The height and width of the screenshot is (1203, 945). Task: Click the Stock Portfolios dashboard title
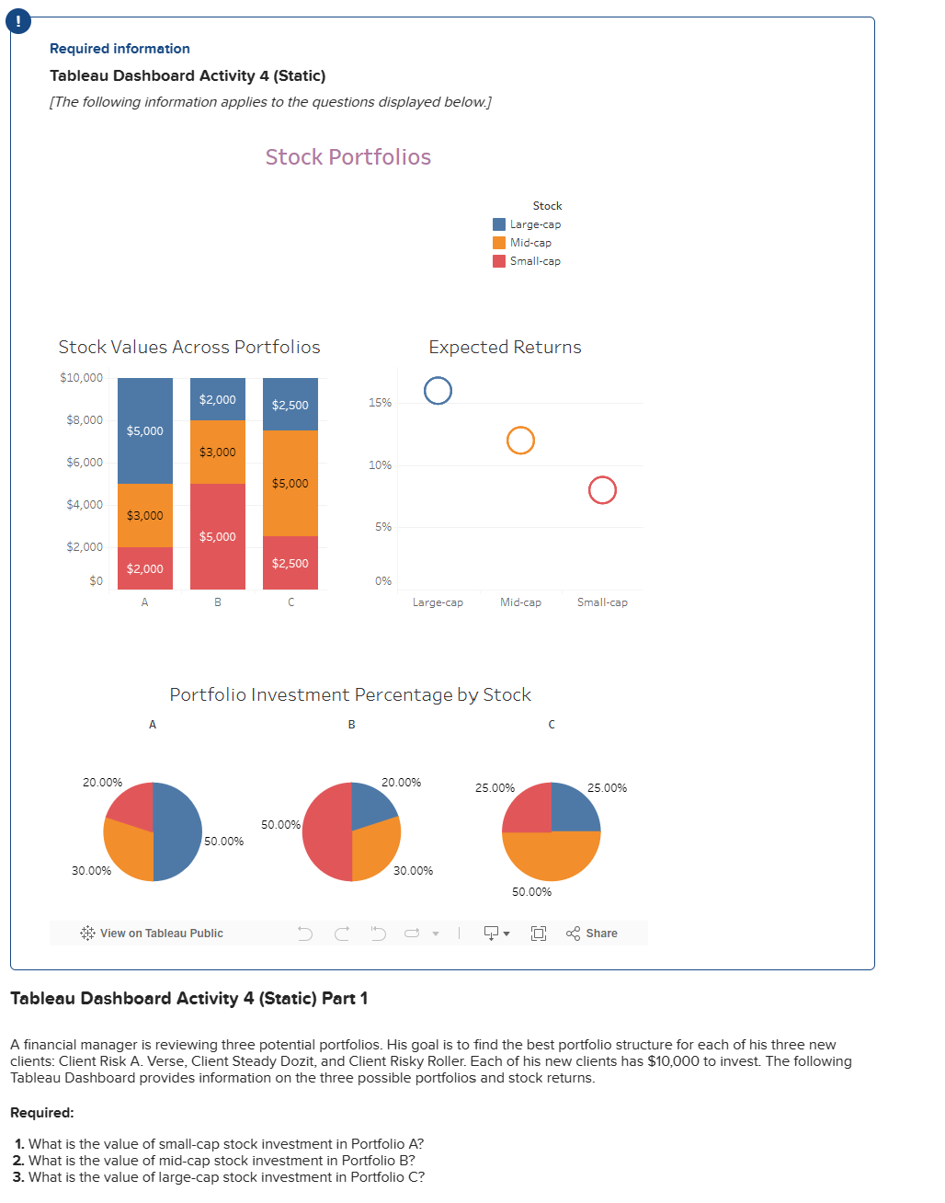(x=347, y=157)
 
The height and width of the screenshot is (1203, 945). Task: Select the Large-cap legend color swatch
(x=499, y=224)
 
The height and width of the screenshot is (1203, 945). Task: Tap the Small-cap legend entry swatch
(x=499, y=261)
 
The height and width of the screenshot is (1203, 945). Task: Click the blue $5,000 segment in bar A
(x=144, y=430)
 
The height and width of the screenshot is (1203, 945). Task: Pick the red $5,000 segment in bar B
(x=217, y=536)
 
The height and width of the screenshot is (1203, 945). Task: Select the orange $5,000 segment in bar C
(x=290, y=483)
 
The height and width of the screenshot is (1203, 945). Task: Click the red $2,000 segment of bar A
(x=144, y=568)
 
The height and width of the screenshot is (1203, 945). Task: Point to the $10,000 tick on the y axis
(x=82, y=378)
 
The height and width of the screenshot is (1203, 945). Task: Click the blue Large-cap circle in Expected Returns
(x=438, y=391)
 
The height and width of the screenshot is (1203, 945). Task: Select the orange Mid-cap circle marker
(x=520, y=441)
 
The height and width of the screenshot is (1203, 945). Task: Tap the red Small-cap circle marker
(x=602, y=490)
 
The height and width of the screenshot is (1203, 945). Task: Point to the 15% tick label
(x=380, y=403)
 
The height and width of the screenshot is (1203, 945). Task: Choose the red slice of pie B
(x=324, y=832)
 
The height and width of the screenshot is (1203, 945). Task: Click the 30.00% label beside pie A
(x=91, y=871)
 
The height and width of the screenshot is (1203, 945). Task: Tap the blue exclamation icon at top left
(x=18, y=22)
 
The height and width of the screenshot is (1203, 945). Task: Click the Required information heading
(x=120, y=49)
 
